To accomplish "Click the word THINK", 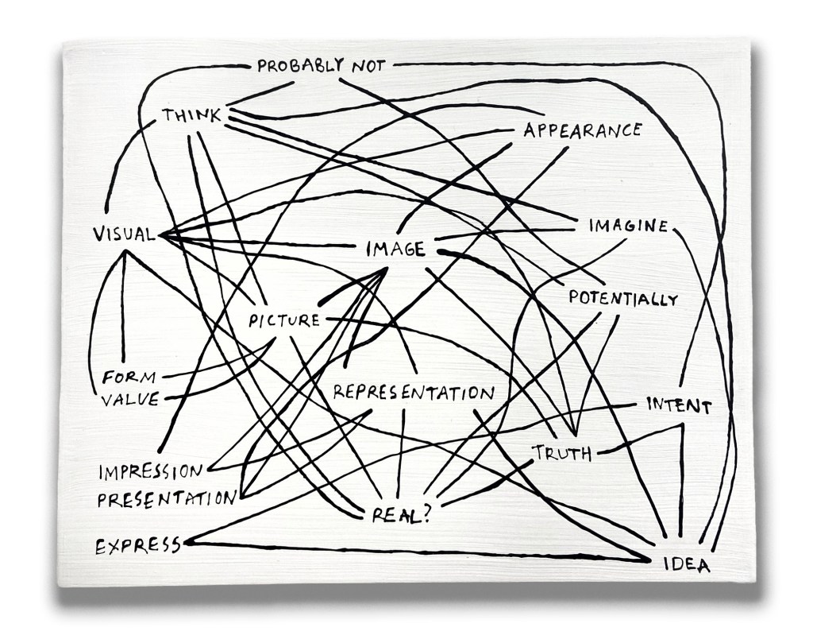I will pos(191,116).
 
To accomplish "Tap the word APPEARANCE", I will pos(582,130).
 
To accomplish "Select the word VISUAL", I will pos(124,234).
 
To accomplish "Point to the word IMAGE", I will pos(395,250).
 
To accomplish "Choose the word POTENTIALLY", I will pos(623,299).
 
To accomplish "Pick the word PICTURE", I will pos(283,321).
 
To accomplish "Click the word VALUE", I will pos(130,399).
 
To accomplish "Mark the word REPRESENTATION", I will pos(414,392).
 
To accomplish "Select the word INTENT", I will pos(678,405).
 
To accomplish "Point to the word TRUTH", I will pos(562,454).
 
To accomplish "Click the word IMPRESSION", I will pos(151,472).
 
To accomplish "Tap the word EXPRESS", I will pos(137,546).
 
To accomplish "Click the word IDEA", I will pos(687,566).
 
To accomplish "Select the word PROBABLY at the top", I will pos(298,66).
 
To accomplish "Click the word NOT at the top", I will pos(368,66).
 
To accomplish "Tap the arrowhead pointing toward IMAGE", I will pos(380,274).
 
